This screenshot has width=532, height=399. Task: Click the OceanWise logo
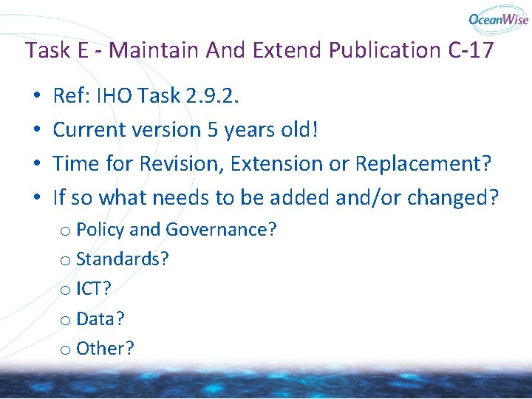click(x=497, y=20)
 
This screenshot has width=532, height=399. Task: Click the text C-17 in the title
click(x=468, y=51)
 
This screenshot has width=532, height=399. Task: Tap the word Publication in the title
click(x=383, y=51)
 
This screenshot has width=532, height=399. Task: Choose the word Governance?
click(x=221, y=230)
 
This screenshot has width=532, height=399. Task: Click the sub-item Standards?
click(x=123, y=259)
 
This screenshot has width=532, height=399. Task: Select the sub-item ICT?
click(x=95, y=289)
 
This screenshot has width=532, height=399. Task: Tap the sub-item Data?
click(x=100, y=318)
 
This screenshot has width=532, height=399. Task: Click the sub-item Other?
click(x=105, y=348)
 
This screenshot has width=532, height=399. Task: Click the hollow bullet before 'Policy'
click(x=66, y=231)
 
